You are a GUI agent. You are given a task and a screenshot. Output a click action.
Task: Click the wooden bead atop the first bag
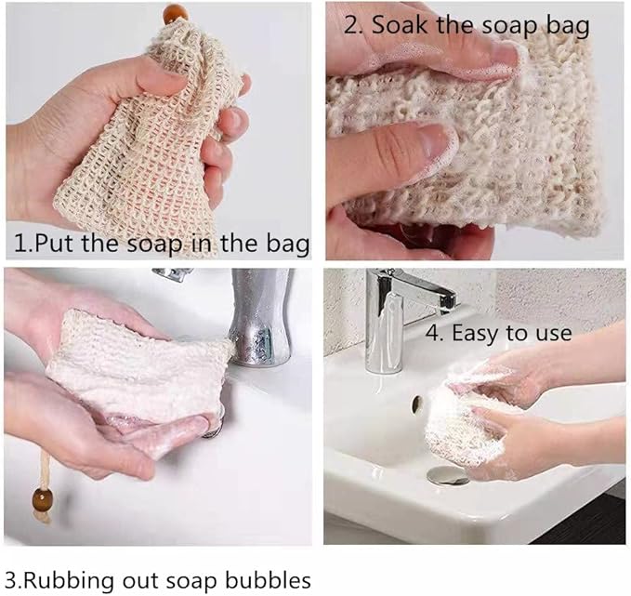click(175, 14)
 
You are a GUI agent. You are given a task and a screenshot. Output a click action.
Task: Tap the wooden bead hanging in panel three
click(43, 499)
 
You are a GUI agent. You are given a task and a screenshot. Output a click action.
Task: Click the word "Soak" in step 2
click(399, 25)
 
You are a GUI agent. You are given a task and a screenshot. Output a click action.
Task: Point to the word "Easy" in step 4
click(476, 334)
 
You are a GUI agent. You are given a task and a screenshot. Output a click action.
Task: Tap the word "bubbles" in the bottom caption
click(268, 580)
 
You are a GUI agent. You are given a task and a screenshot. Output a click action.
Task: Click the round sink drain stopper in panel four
click(448, 476)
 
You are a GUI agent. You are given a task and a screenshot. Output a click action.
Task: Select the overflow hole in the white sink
click(417, 404)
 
